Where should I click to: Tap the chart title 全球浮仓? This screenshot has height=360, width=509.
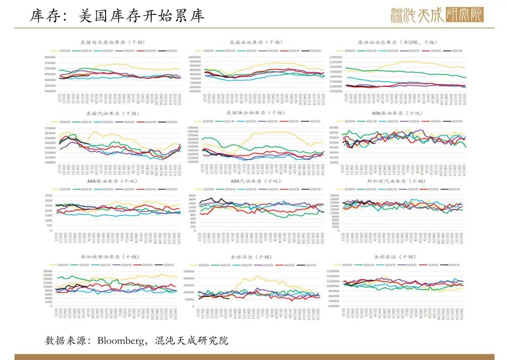click(x=252, y=257)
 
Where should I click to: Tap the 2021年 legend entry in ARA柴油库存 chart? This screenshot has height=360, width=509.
click(x=86, y=189)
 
